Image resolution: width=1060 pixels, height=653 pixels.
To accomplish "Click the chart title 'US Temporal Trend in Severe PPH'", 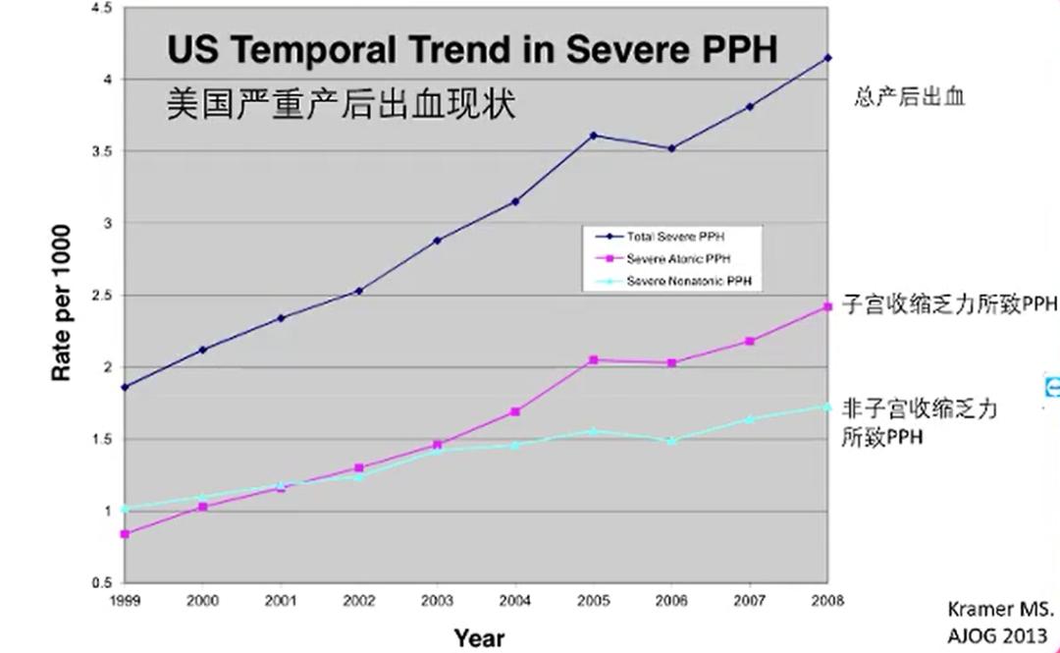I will pyautogui.click(x=472, y=50).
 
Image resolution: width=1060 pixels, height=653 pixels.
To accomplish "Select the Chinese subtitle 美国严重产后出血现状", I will pyautogui.click(x=341, y=102).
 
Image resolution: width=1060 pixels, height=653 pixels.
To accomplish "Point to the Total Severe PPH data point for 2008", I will pyautogui.click(x=827, y=58).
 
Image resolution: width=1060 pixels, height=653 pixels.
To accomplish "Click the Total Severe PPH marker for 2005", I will pyautogui.click(x=593, y=136).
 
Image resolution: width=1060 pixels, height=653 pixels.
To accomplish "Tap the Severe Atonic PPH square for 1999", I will pyautogui.click(x=125, y=534).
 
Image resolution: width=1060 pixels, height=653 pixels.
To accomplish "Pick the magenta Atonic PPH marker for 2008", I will pyautogui.click(x=827, y=307).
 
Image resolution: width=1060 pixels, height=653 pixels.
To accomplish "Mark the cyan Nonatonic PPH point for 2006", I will pyautogui.click(x=671, y=441).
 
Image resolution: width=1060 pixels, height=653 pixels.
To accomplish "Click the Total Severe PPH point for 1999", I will pyautogui.click(x=125, y=387).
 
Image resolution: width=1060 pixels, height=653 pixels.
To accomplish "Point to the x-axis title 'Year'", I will pyautogui.click(x=479, y=638).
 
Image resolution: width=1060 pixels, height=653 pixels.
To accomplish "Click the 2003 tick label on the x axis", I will pyautogui.click(x=437, y=600).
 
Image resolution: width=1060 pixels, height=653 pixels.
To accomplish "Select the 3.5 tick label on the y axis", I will pyautogui.click(x=102, y=151).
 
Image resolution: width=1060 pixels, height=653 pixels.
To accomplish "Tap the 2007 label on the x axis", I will pyautogui.click(x=749, y=600).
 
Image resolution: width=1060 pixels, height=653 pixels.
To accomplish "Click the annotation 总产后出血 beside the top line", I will pyautogui.click(x=909, y=96).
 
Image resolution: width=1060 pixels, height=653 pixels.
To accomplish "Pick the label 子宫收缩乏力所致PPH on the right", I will pyautogui.click(x=948, y=304).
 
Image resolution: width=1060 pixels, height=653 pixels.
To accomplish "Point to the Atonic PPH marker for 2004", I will pyautogui.click(x=515, y=411).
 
